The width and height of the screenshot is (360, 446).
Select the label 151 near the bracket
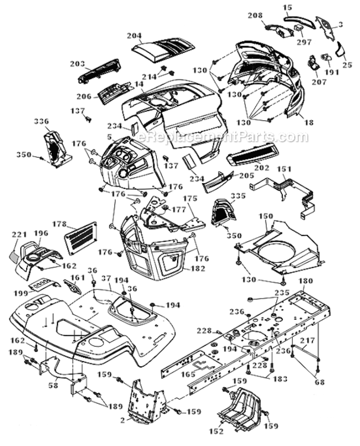285,169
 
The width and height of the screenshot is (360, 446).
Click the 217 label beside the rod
324,341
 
